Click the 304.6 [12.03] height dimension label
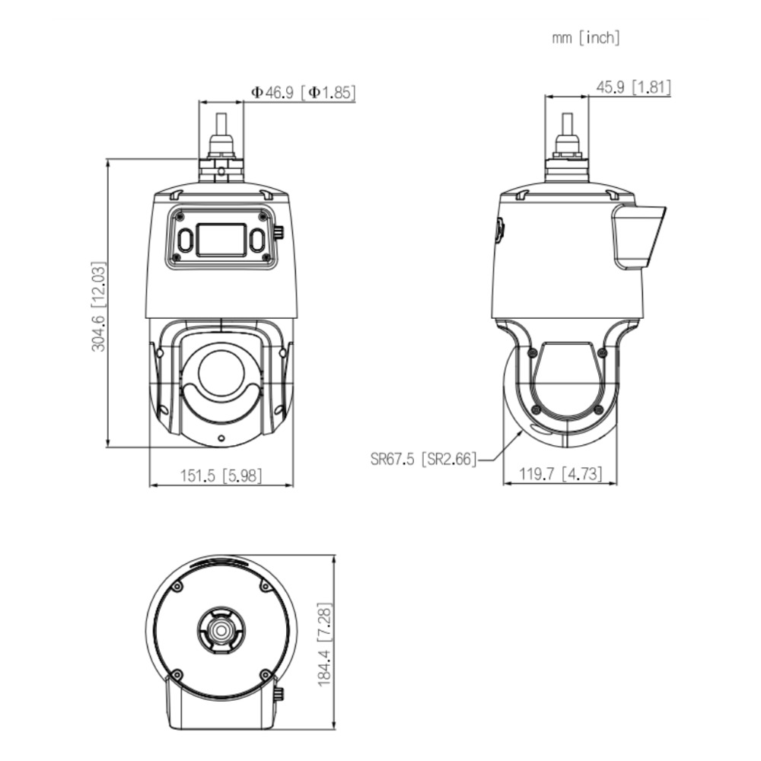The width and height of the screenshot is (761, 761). (x=98, y=306)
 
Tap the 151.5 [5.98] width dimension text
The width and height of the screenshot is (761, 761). (x=221, y=476)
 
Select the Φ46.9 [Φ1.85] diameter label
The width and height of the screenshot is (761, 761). (x=304, y=92)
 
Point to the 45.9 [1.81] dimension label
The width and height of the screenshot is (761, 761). (x=633, y=88)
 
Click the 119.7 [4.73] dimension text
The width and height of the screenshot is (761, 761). (x=561, y=473)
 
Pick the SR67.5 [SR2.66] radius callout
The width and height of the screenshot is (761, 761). (x=424, y=459)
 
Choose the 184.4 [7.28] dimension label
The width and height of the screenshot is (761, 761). (x=325, y=645)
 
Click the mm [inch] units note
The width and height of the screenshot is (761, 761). (x=586, y=38)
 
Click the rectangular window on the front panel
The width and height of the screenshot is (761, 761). (x=221, y=240)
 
